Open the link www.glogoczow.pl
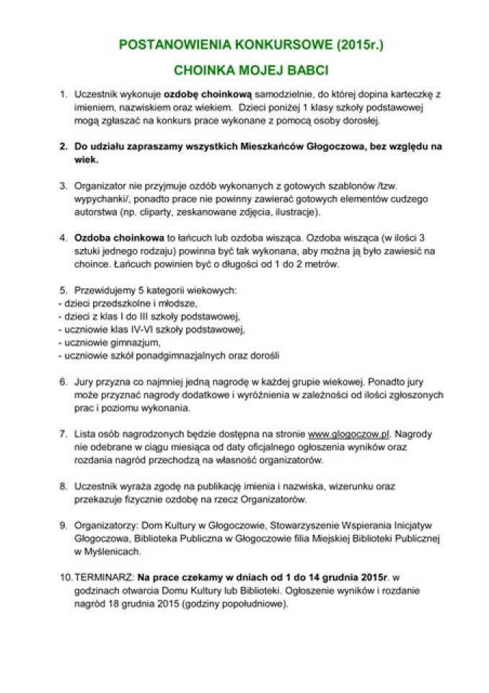[349, 434]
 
